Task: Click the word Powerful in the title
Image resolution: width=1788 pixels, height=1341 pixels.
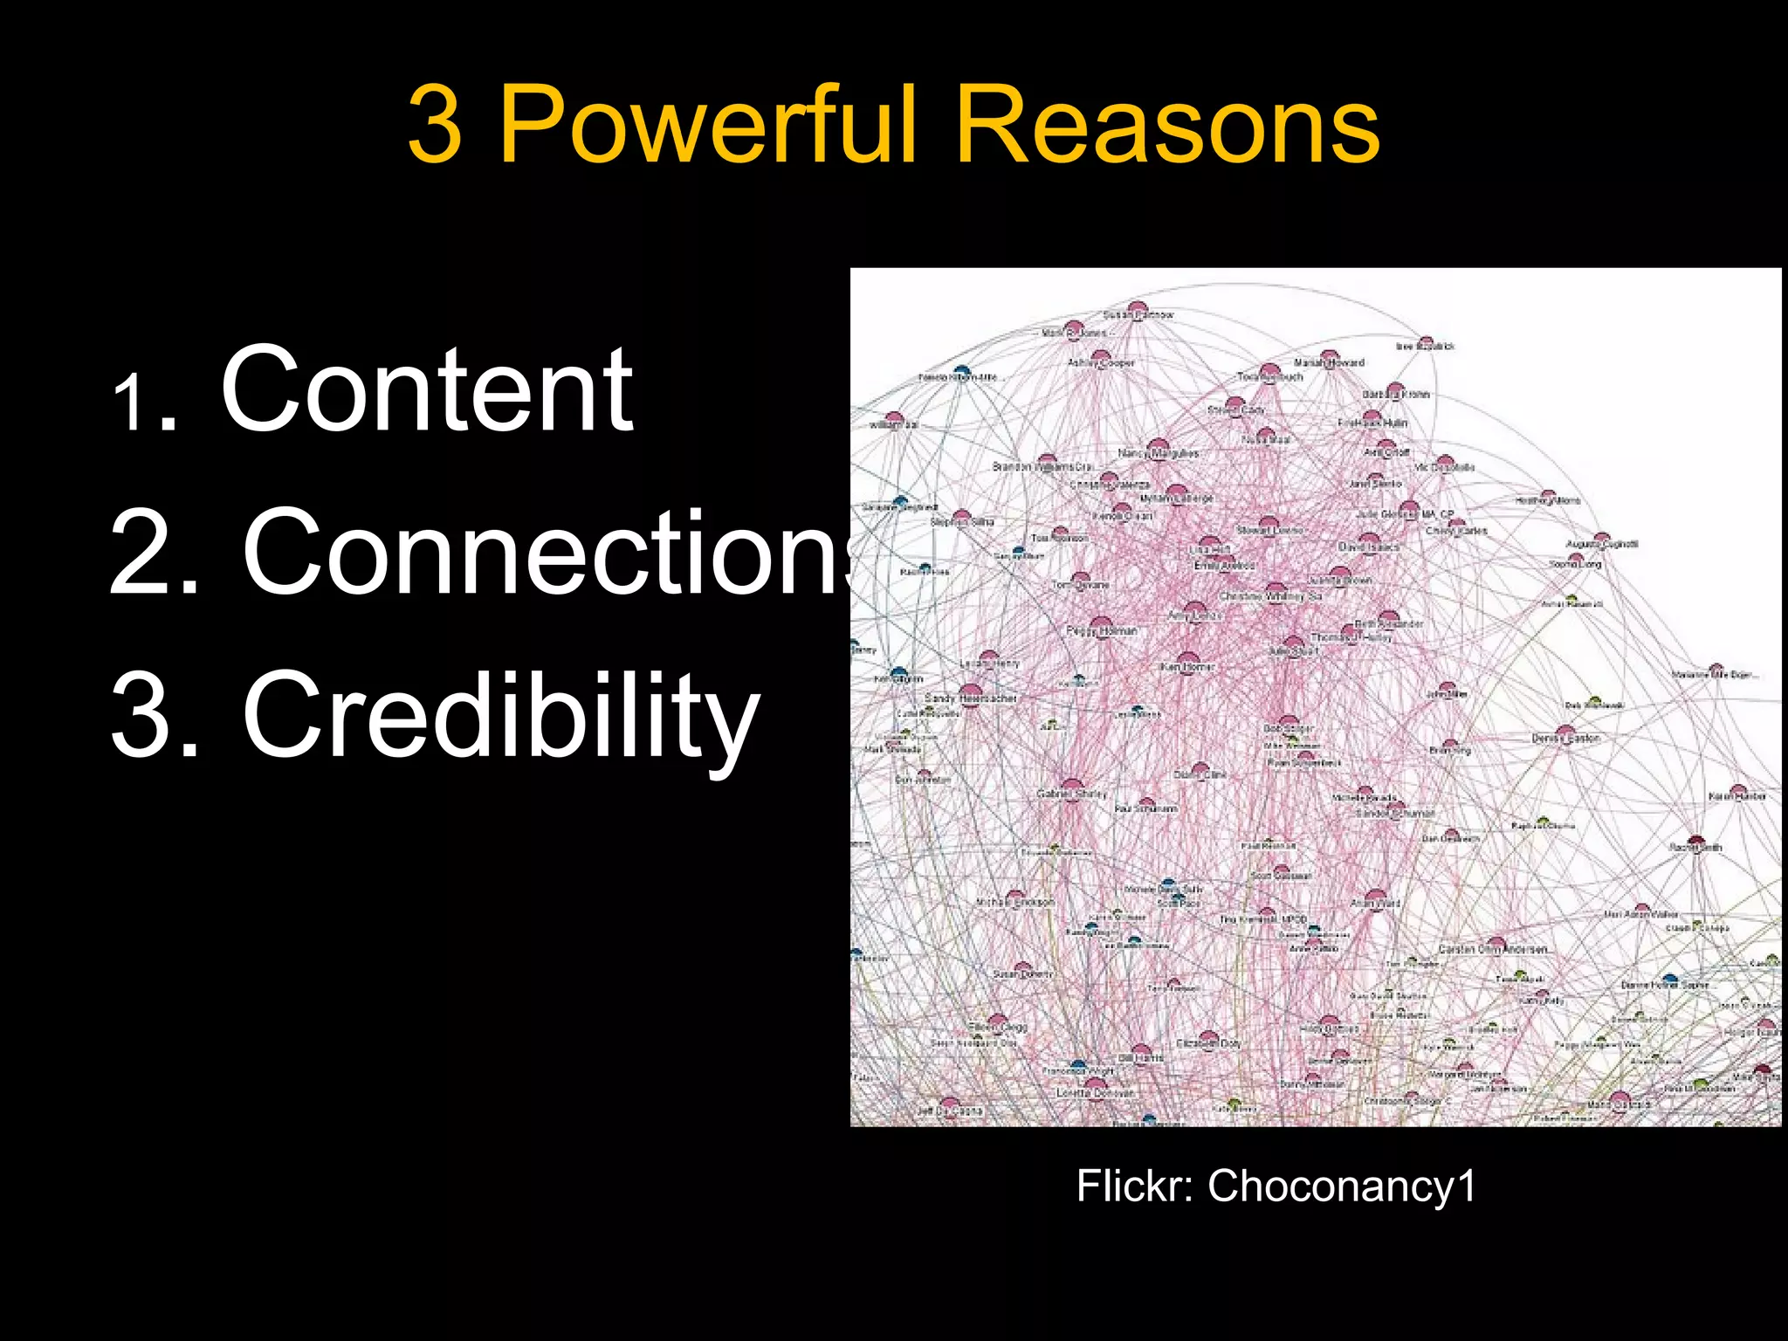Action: point(707,127)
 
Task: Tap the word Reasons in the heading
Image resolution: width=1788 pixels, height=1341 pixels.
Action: point(1167,127)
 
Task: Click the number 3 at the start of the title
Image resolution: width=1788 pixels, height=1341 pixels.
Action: point(434,127)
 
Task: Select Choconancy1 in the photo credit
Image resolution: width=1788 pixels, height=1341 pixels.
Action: point(1341,1186)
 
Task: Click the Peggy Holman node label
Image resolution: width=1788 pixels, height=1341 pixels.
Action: point(1102,630)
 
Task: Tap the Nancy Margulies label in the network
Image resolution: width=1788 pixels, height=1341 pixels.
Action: point(1158,454)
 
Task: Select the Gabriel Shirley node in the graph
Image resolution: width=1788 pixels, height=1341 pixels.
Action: point(1071,794)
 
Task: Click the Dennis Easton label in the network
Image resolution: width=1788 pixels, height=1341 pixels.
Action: point(1566,739)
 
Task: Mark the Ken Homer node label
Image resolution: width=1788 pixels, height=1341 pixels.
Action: point(1187,667)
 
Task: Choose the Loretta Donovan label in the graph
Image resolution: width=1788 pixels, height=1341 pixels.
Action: point(1095,1093)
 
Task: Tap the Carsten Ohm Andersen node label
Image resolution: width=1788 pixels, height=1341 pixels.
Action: point(1494,949)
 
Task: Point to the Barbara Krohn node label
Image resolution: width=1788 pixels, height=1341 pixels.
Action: point(1396,395)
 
